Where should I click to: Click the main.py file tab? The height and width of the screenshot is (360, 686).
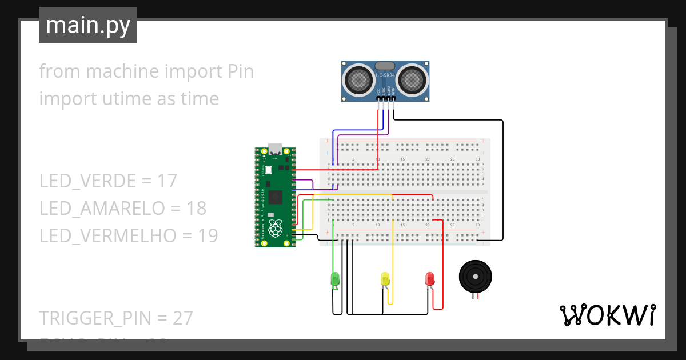88,25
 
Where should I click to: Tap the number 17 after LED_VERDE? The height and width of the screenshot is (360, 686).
167,181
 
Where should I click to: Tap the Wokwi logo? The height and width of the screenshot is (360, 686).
607,315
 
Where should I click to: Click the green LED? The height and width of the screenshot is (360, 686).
335,279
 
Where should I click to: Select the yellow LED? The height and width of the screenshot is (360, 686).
385,279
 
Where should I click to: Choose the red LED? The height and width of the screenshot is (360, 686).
430,279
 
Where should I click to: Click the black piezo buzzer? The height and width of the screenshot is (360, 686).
475,277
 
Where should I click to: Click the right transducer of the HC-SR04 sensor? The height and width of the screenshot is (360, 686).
413,79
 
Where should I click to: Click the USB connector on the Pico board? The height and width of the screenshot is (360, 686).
276,150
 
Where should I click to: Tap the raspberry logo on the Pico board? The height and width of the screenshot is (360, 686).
276,228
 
